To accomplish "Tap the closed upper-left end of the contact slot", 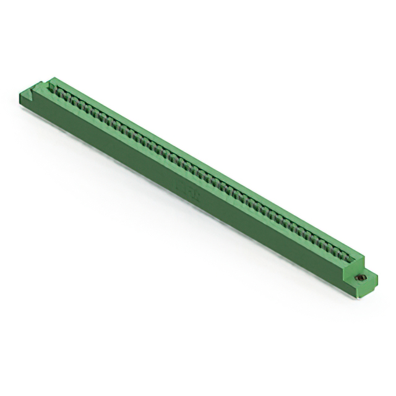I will [56, 87].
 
